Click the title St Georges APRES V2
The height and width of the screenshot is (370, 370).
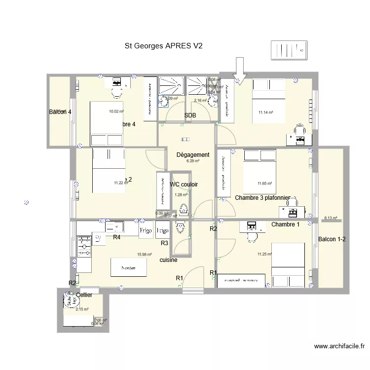164,46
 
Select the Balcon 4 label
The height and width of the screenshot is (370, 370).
60,112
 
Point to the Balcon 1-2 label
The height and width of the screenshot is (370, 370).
332,239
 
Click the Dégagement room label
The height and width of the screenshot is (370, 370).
193,154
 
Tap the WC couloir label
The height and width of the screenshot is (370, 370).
184,185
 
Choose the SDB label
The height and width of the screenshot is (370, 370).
190,115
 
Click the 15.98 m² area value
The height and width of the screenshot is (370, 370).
144,255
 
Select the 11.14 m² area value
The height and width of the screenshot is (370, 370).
265,112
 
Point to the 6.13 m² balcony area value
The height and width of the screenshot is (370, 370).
330,218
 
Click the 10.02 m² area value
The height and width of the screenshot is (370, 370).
116,111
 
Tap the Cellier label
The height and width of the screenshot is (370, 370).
84,295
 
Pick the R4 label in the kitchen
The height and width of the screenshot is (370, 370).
117,237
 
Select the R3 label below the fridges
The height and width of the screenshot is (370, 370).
165,243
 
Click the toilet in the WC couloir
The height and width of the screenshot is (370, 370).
185,209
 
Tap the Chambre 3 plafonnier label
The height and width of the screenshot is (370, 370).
262,198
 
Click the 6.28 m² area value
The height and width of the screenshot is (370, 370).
192,161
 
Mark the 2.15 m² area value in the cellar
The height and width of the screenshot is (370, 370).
82,309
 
